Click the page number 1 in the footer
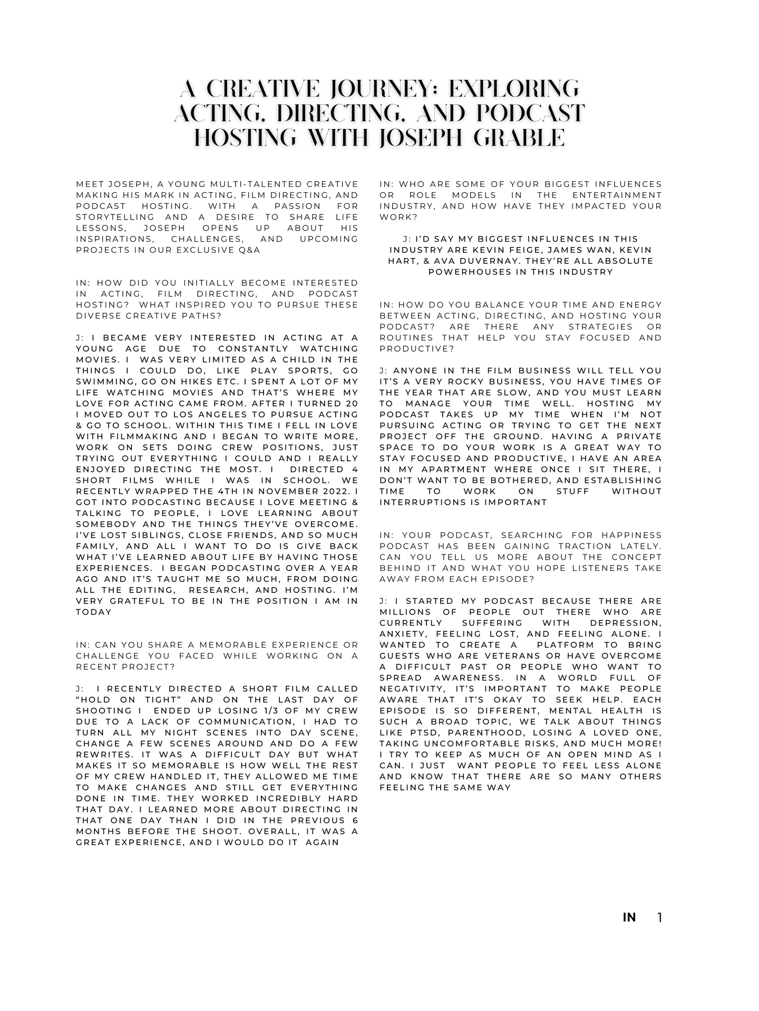659,918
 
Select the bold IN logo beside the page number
629,918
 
